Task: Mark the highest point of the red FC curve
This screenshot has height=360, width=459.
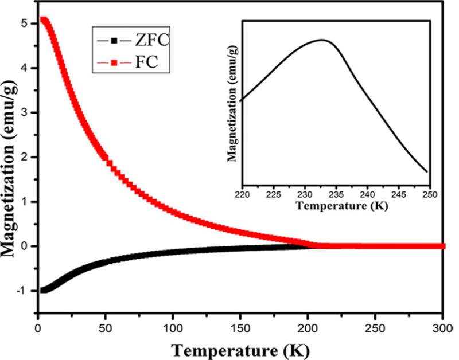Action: [43, 20]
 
